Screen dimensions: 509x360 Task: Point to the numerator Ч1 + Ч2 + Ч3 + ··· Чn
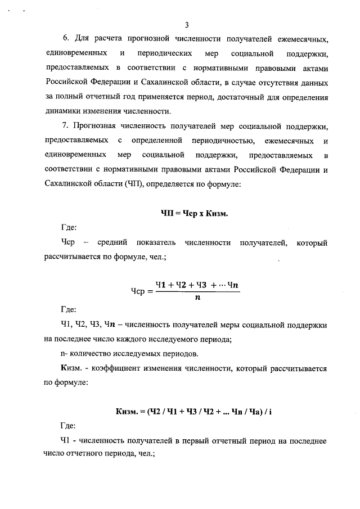pyautogui.click(x=198, y=285)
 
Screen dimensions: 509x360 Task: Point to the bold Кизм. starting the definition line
pyautogui.click(x=72, y=368)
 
